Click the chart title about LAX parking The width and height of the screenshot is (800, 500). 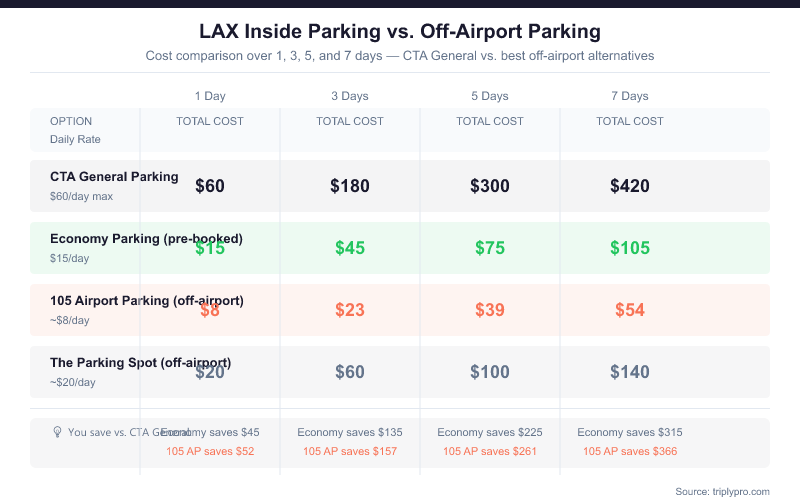point(400,32)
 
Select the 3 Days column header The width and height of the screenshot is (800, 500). point(350,96)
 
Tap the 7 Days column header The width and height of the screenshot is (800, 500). point(630,96)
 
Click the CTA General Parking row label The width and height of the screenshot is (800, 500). point(114,177)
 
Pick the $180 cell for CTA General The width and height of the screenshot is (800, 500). point(350,186)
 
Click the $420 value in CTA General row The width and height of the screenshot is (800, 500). point(630,186)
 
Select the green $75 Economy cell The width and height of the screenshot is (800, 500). point(490,248)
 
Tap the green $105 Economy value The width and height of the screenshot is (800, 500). point(630,248)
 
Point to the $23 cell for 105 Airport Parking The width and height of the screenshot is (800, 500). point(350,310)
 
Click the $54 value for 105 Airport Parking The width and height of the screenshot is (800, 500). point(630,310)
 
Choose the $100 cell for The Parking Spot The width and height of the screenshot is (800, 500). point(490,372)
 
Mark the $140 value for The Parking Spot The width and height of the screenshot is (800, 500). point(630,372)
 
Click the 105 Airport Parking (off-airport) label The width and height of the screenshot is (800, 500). point(147,301)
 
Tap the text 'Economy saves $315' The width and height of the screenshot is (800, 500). point(630,432)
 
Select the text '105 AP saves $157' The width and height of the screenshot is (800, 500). point(350,452)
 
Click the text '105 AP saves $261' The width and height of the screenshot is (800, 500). point(490,452)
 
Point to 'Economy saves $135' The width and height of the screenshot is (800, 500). point(350,432)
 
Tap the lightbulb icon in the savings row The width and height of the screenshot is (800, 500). point(58,432)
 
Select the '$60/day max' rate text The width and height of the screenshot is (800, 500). point(81,196)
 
